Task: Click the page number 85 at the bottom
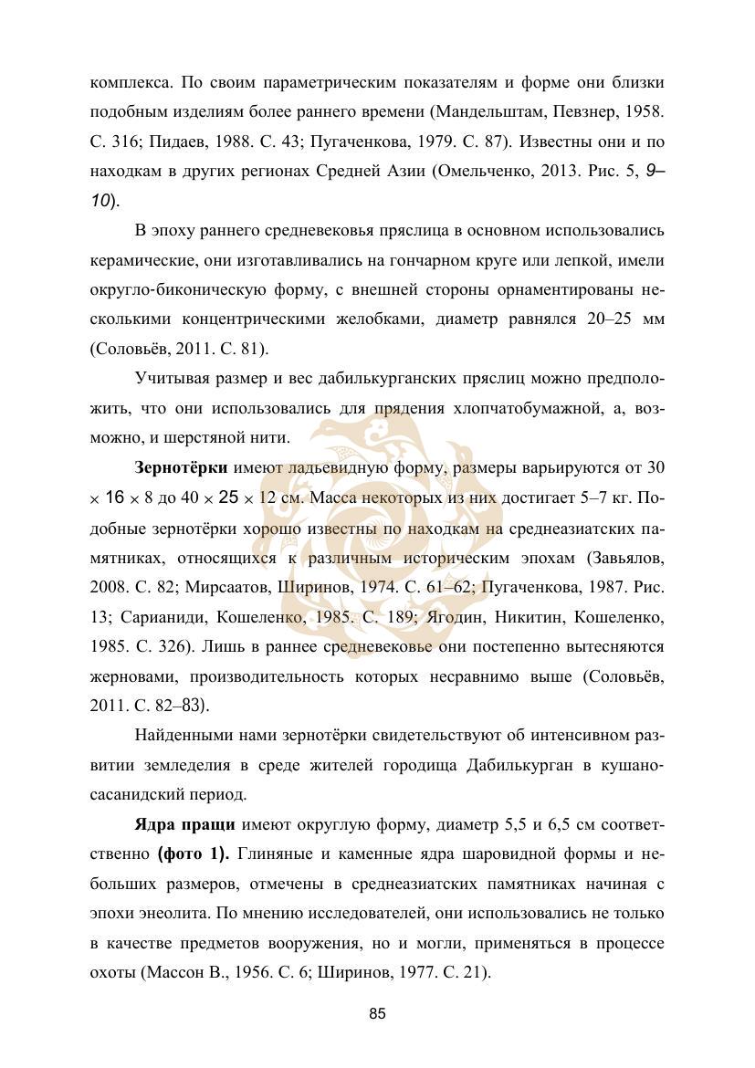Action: click(x=378, y=1013)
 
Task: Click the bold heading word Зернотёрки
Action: click(x=181, y=468)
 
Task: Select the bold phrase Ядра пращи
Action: click(x=185, y=826)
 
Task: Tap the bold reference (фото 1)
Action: click(x=193, y=855)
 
